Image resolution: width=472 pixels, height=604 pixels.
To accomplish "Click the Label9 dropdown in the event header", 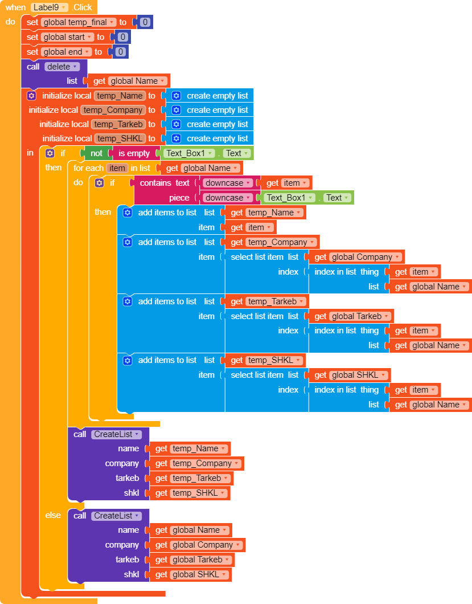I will [x=50, y=7].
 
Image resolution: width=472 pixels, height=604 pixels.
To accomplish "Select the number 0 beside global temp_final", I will [x=145, y=22].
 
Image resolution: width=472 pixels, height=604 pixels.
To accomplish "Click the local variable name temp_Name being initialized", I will [x=120, y=96].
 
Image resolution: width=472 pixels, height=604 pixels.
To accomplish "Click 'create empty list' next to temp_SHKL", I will [x=217, y=138].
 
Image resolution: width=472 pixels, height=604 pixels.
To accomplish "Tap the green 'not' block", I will [x=97, y=153].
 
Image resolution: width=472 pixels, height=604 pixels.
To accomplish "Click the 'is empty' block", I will [x=134, y=153].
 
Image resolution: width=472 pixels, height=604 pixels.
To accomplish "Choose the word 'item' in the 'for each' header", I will [x=117, y=168].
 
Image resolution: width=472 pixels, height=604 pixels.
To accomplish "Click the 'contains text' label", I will [x=165, y=183].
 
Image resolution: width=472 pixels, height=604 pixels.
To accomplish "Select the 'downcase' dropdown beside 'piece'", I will [x=227, y=198].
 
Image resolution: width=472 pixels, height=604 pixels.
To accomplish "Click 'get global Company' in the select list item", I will [x=356, y=257].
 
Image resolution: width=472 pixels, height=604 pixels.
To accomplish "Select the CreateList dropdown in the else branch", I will [x=116, y=516].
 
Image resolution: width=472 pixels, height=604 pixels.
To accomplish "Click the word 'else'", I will [x=53, y=515].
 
